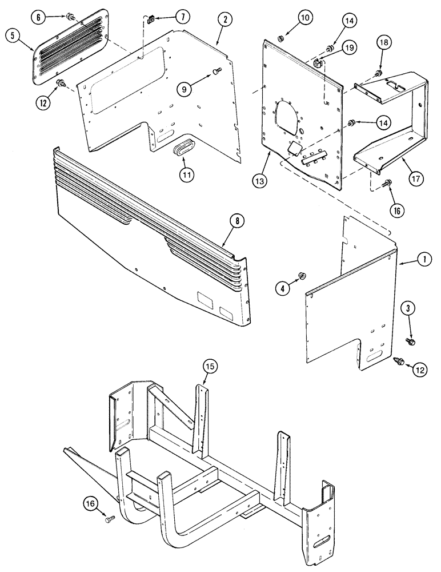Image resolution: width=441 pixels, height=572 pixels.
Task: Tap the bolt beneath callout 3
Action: [x=410, y=341]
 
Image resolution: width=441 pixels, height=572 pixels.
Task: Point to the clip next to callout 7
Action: [x=150, y=22]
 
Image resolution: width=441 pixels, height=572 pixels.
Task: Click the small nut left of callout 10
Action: [x=281, y=39]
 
